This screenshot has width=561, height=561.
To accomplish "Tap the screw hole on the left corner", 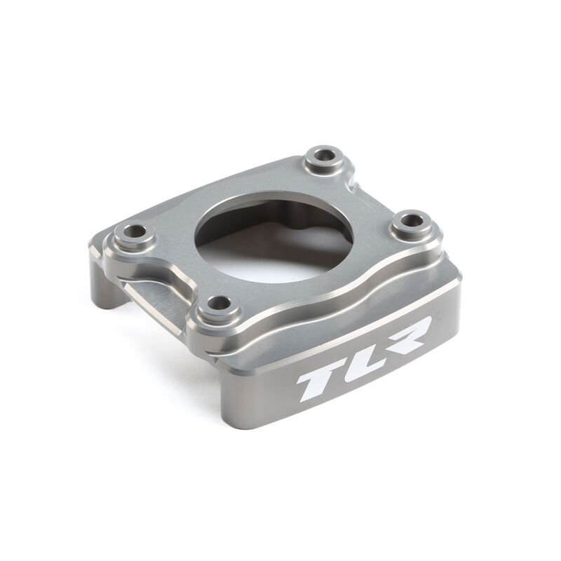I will (133, 231).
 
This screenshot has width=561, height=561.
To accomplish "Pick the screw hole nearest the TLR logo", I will (219, 304).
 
